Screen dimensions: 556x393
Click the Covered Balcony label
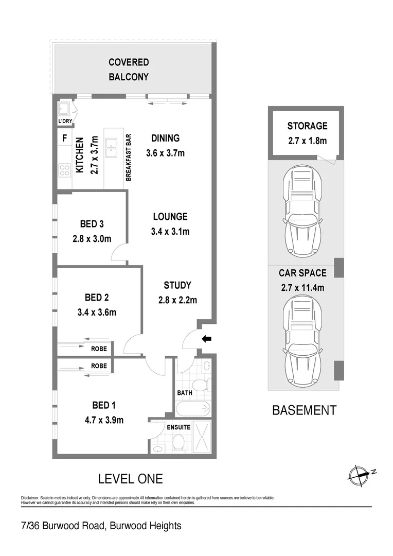point(129,69)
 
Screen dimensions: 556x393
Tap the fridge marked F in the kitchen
point(64,138)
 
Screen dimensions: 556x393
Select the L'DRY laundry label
point(65,121)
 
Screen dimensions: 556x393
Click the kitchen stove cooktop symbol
point(65,170)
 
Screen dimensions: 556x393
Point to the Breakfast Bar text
point(129,157)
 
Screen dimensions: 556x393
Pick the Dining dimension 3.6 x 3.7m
point(165,153)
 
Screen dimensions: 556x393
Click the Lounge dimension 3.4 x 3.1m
point(170,232)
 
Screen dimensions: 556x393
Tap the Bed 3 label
point(92,224)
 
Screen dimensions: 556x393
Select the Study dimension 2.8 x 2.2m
point(177,300)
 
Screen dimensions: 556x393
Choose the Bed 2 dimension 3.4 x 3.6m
point(96,312)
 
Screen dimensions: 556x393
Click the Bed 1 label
point(96,406)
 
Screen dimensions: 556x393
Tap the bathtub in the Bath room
point(193,409)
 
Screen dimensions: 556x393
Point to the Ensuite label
point(178,427)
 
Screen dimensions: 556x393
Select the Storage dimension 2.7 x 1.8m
point(307,141)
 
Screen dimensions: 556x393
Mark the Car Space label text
point(302,273)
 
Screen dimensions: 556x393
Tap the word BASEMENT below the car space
point(304,410)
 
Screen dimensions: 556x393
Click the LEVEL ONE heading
point(130,479)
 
